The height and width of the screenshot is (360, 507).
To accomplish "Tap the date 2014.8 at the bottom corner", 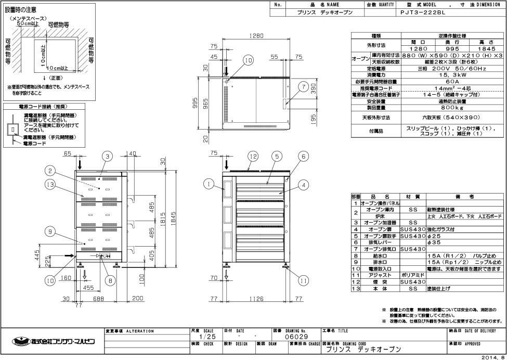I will [493, 357].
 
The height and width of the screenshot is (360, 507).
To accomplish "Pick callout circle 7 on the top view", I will [303, 87].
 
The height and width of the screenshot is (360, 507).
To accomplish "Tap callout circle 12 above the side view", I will [253, 156].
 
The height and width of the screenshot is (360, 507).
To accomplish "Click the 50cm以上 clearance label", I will [28, 24].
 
